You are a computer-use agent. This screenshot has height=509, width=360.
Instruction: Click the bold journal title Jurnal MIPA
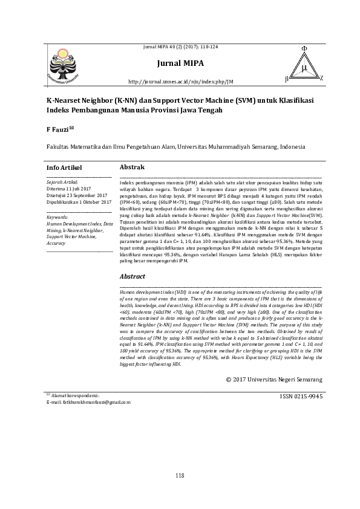(x=180, y=63)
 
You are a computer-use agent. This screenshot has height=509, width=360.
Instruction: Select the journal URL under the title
(x=181, y=81)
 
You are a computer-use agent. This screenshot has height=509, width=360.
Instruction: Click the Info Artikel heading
(x=64, y=167)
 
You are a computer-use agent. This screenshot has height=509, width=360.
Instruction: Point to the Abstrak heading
(x=132, y=166)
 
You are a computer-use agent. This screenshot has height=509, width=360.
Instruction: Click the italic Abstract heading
(x=133, y=276)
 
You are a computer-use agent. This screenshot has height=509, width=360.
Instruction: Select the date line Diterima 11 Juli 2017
(x=68, y=188)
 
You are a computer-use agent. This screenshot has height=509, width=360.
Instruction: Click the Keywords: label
(x=57, y=216)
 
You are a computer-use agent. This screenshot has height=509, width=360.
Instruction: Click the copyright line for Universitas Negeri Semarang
(x=273, y=379)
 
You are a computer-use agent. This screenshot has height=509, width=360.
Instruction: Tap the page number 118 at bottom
(x=180, y=476)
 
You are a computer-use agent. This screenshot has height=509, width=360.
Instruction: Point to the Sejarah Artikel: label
(x=62, y=181)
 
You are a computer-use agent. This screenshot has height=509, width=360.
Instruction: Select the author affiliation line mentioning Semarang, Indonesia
(x=176, y=146)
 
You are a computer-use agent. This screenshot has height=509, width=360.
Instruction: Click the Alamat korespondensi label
(x=76, y=395)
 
